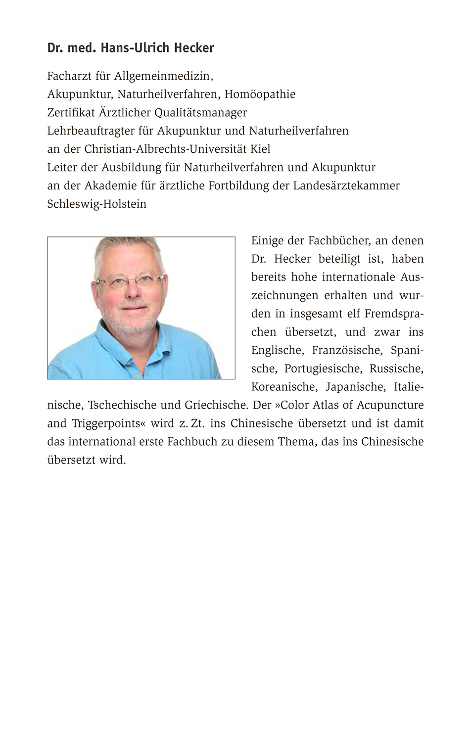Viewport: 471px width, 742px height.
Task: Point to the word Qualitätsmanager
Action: point(200,113)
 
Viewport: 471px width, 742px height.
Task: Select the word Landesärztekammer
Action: point(346,185)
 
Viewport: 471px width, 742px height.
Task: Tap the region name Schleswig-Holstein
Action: point(97,204)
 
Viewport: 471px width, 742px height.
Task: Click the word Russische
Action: point(396,369)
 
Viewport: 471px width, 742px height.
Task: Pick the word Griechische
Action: point(216,405)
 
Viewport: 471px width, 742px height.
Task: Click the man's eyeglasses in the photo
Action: point(129,281)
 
